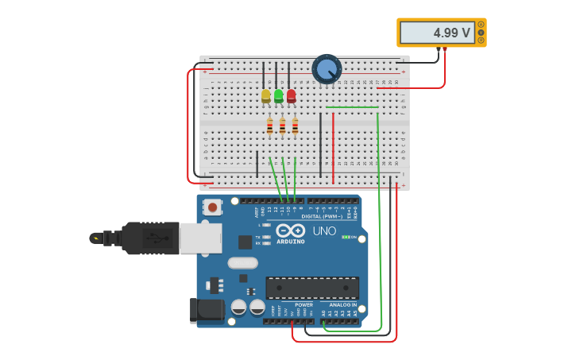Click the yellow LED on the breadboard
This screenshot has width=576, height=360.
pos(266,95)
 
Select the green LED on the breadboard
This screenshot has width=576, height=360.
pos(279,95)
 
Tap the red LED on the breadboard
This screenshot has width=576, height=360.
pos(292,95)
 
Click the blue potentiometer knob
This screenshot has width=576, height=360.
pos(327,69)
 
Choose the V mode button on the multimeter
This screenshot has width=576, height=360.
pos(481,33)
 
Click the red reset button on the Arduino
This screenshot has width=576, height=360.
pos(212,207)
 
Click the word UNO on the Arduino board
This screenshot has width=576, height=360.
pos(324,230)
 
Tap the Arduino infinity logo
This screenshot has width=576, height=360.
pos(290,230)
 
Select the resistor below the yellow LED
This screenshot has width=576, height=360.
pos(269,126)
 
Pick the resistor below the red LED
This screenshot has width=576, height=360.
pos(295,126)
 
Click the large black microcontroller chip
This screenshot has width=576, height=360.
pos(312,287)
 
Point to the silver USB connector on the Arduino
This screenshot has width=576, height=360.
pos(200,238)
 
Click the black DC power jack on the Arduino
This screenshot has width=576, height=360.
pos(206,310)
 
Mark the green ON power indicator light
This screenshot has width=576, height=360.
pos(346,237)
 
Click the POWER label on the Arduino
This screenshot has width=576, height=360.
pos(304,304)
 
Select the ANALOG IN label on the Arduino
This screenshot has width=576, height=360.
pos(343,304)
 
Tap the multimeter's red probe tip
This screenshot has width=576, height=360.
pos(445,49)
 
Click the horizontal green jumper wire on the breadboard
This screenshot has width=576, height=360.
pos(352,106)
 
